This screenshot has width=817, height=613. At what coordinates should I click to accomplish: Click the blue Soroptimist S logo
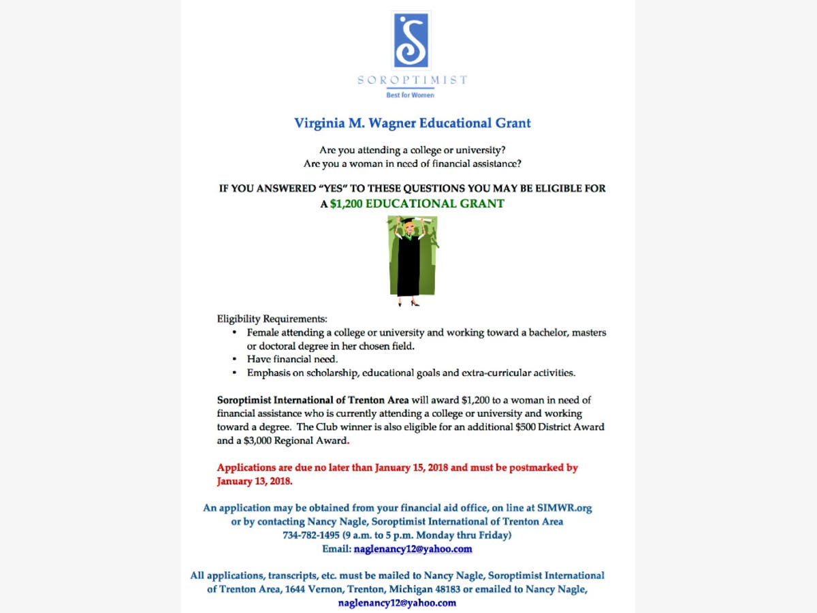(x=412, y=40)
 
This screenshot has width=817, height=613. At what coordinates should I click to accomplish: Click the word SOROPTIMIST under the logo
(x=413, y=80)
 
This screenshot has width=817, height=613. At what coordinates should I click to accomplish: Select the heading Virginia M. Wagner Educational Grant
(x=412, y=123)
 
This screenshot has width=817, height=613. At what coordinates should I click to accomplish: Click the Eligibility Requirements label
(x=272, y=319)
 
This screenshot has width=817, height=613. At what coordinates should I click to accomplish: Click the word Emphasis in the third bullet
(x=269, y=373)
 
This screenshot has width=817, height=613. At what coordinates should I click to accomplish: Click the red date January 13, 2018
(x=254, y=482)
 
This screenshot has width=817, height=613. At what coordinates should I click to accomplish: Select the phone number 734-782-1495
(x=310, y=535)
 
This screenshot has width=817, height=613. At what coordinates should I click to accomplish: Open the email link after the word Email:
(x=413, y=549)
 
